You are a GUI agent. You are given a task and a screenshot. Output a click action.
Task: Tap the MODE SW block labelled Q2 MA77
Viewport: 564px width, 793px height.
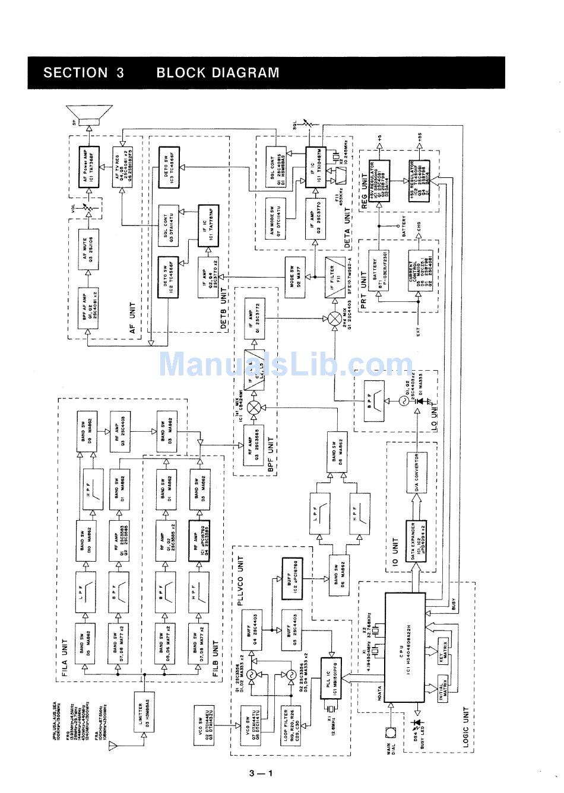tap(297, 273)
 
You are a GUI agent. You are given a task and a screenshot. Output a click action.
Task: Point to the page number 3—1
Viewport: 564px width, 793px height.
tap(261, 773)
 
